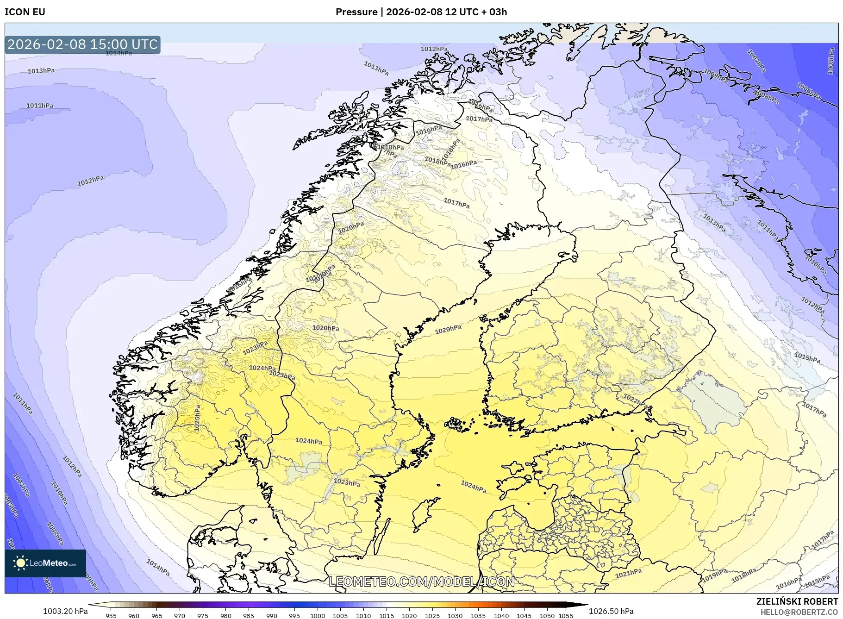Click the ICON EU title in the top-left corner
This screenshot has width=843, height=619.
click(x=25, y=12)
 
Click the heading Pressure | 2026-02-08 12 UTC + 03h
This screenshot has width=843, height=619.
click(x=421, y=12)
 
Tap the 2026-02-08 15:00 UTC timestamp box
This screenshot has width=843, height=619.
click(x=83, y=44)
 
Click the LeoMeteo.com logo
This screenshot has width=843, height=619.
click(x=45, y=563)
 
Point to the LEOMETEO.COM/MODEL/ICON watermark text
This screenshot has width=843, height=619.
click(x=421, y=581)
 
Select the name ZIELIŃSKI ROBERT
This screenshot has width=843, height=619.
click(x=797, y=601)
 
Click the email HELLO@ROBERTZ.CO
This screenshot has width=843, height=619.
click(x=799, y=612)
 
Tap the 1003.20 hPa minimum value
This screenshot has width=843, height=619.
click(x=65, y=611)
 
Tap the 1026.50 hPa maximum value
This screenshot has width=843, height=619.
click(x=611, y=611)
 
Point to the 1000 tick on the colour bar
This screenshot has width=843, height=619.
click(x=318, y=616)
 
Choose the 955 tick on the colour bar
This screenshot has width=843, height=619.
click(x=111, y=616)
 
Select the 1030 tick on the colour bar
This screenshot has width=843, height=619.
click(x=455, y=616)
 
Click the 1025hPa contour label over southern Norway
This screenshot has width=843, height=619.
click(x=198, y=419)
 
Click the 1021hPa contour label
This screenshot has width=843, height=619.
click(x=629, y=573)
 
